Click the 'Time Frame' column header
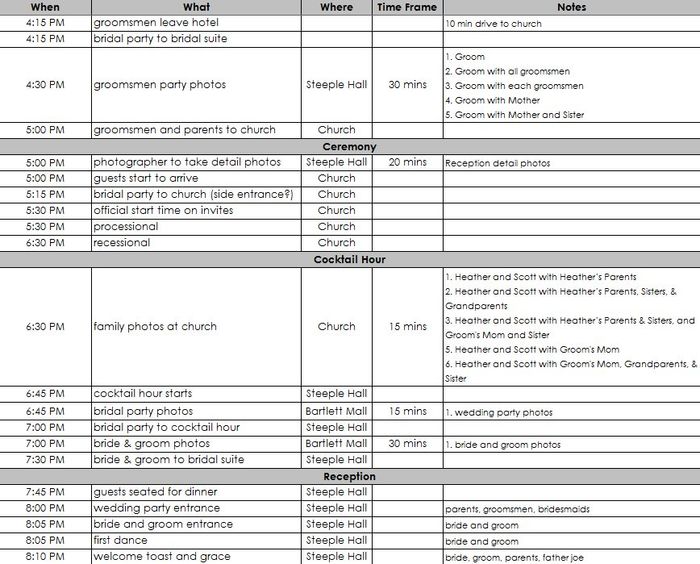(x=408, y=7)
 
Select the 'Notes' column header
(x=571, y=7)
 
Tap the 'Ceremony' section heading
(x=350, y=147)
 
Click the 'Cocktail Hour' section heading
(x=350, y=260)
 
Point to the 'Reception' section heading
(x=350, y=476)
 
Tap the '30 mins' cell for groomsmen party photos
(x=408, y=85)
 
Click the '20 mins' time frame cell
(x=408, y=162)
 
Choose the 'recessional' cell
(x=122, y=242)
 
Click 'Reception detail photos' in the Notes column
(x=498, y=163)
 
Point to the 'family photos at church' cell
(x=155, y=326)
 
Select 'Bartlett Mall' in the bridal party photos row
(x=337, y=411)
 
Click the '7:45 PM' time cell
(x=45, y=492)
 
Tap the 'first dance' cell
(x=119, y=540)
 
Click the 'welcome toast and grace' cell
(x=162, y=556)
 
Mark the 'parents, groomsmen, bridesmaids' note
(x=517, y=509)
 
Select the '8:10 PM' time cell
(x=45, y=556)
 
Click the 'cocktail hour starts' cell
(x=143, y=394)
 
